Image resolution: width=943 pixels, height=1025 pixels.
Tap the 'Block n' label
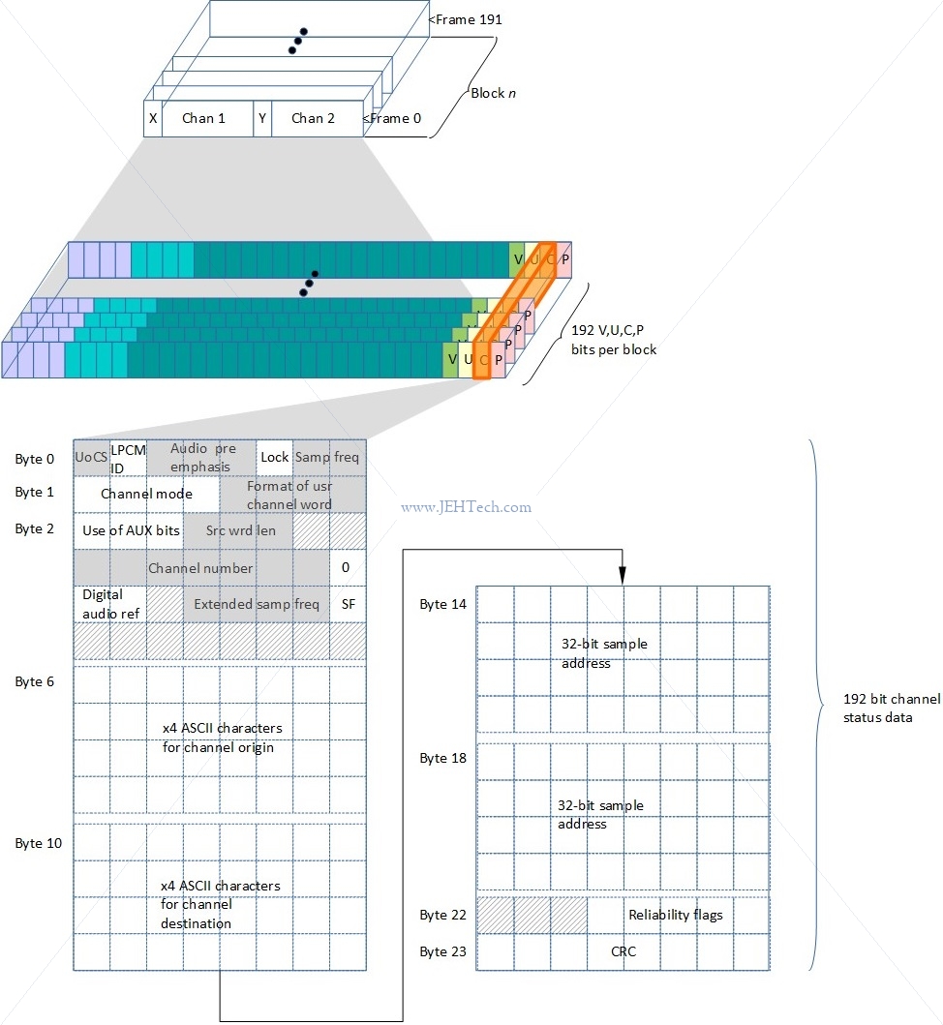pyautogui.click(x=493, y=93)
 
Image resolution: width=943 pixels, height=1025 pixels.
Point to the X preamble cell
pyautogui.click(x=153, y=118)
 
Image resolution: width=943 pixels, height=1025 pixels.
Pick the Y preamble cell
pyautogui.click(x=262, y=118)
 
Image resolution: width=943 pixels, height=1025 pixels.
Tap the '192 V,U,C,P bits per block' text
pyautogui.click(x=614, y=340)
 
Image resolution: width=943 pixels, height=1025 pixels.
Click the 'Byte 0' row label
pyautogui.click(x=35, y=459)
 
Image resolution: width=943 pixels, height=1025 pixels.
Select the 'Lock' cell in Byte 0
pyautogui.click(x=275, y=457)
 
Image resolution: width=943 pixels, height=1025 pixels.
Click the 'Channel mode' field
pyautogui.click(x=146, y=494)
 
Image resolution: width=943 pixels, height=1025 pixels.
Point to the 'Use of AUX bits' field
pyautogui.click(x=129, y=530)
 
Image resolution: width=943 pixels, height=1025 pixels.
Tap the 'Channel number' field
pyautogui.click(x=201, y=567)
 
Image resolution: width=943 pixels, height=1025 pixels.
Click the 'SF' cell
pyautogui.click(x=348, y=604)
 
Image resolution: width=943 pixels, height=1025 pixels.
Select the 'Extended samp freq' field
pyautogui.click(x=257, y=604)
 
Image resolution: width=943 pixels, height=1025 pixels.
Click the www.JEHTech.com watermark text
pyautogui.click(x=467, y=506)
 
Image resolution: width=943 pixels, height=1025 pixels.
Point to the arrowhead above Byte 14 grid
pyautogui.click(x=623, y=576)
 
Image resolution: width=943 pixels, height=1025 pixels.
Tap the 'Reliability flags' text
pyautogui.click(x=676, y=915)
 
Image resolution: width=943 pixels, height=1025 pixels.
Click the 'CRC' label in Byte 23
pyautogui.click(x=624, y=951)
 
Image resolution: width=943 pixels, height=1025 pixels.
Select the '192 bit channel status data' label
pyautogui.click(x=892, y=708)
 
